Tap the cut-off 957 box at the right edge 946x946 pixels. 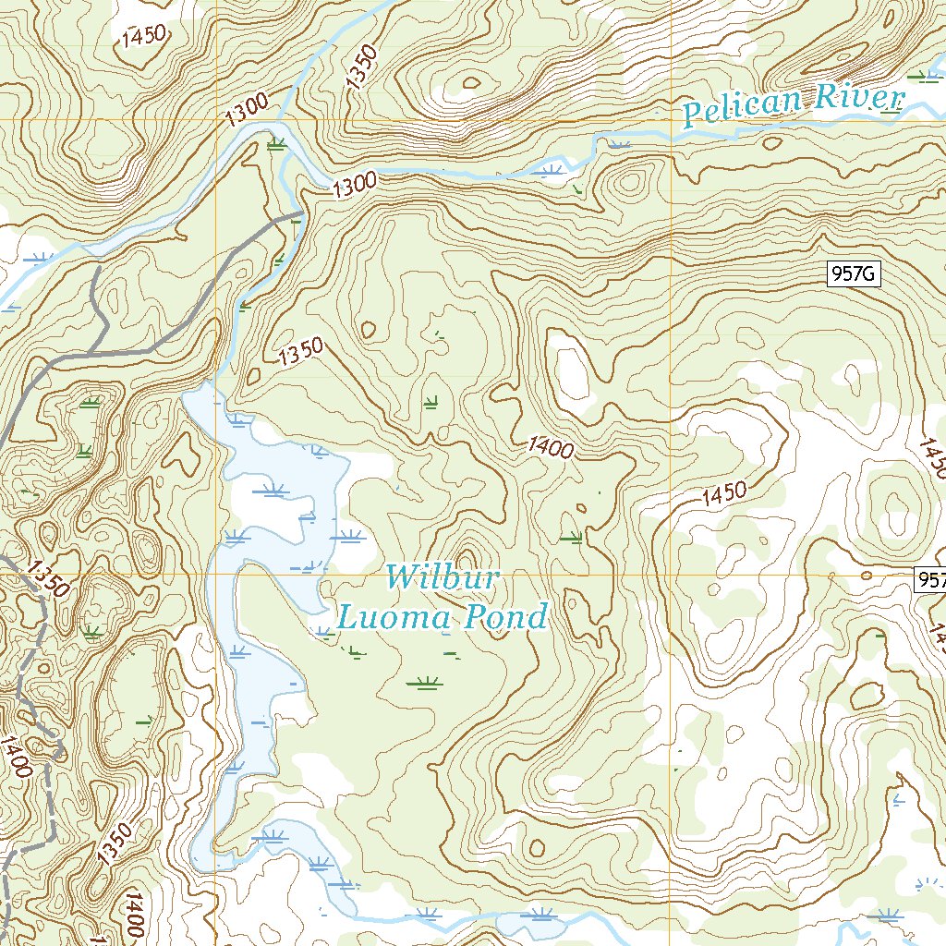pos(930,579)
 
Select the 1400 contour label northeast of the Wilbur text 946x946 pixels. pos(552,448)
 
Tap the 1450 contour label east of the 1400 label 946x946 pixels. pos(723,494)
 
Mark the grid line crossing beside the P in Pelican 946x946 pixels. pos(670,120)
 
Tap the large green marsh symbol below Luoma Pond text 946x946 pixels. pos(425,684)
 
